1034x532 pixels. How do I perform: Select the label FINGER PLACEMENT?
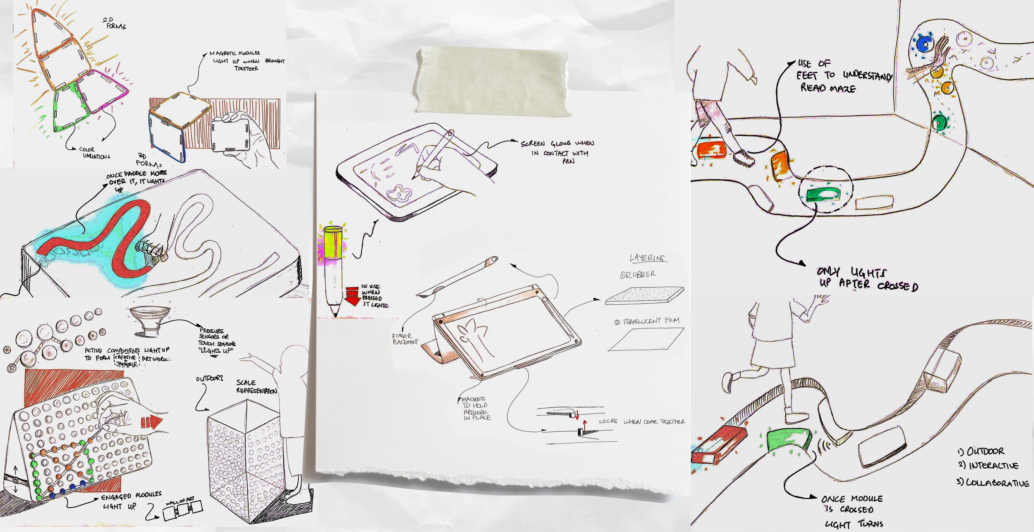click(x=405, y=339)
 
